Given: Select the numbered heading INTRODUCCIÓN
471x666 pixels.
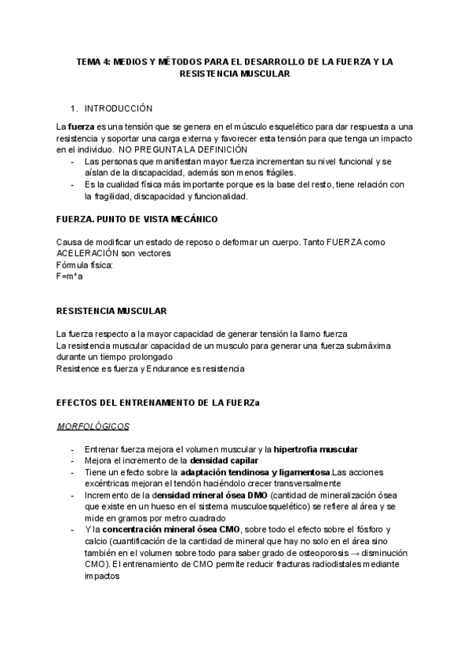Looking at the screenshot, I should click(x=119, y=108).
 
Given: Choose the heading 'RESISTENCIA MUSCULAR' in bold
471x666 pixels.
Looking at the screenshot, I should click(x=111, y=311).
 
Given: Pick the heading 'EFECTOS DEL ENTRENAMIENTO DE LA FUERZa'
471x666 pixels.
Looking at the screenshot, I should click(x=158, y=402).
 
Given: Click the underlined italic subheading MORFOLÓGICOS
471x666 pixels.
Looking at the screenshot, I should click(x=93, y=426).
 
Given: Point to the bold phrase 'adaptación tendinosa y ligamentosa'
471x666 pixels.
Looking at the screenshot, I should click(x=255, y=472).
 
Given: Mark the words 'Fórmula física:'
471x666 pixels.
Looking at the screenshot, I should click(x=85, y=265).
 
